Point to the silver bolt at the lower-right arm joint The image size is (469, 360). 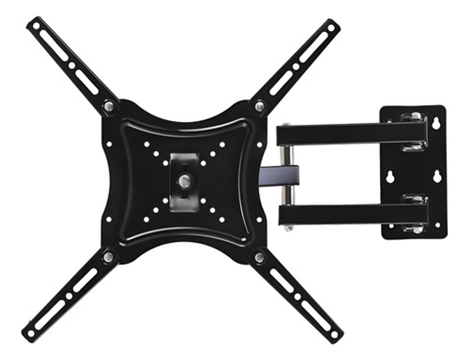[260, 257]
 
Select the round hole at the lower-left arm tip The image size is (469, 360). [31, 334]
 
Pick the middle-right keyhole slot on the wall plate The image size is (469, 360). [437, 177]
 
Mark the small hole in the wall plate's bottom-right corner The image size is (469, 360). [438, 225]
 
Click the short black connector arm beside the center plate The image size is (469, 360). [280, 176]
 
